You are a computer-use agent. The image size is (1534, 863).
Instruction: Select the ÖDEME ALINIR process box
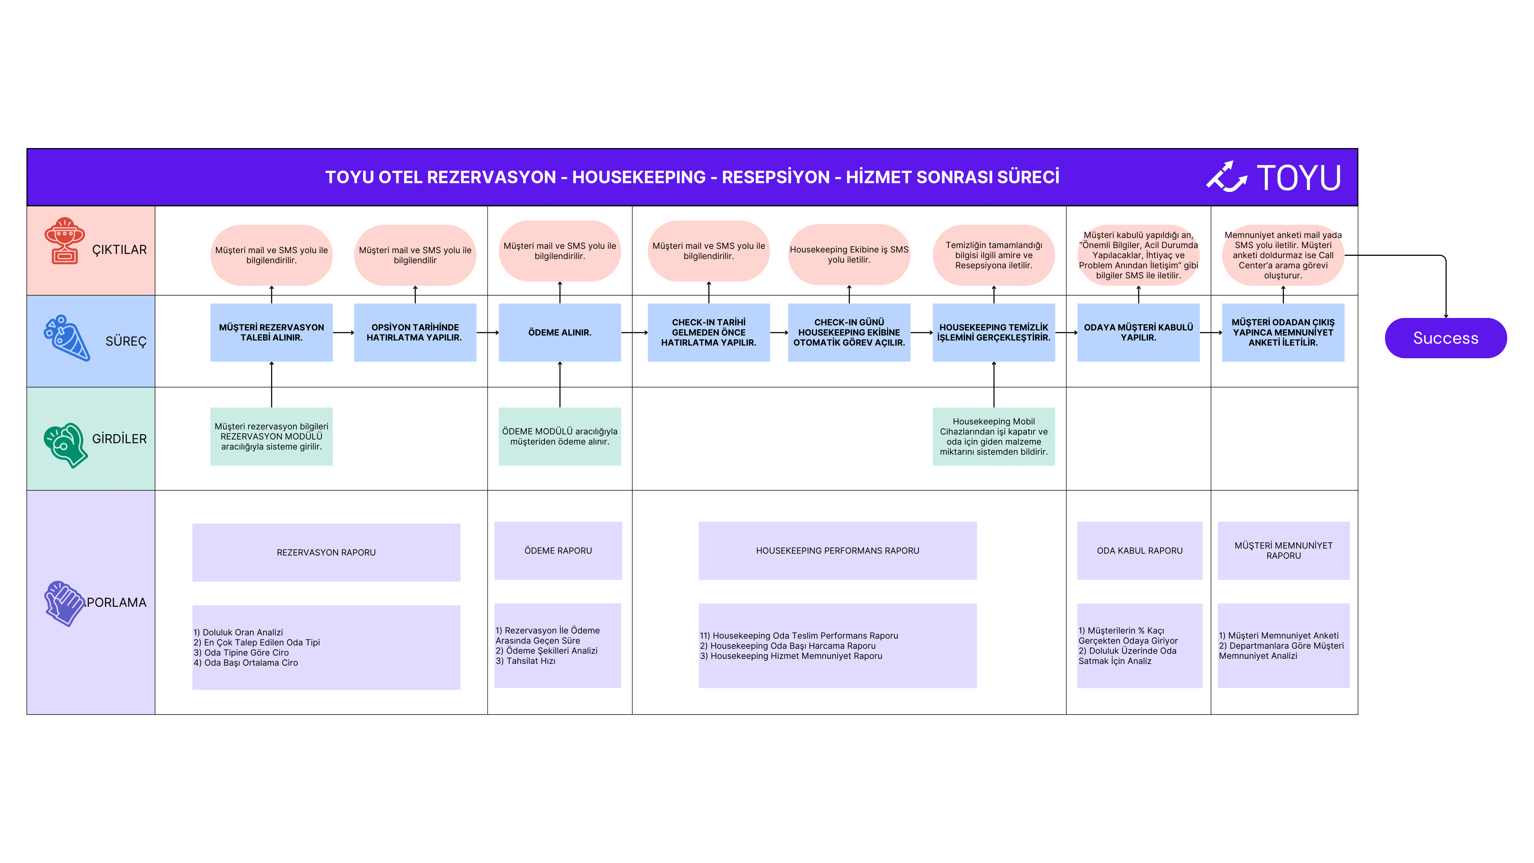pos(560,332)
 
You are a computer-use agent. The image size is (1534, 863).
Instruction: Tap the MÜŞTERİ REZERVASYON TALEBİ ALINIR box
pos(272,332)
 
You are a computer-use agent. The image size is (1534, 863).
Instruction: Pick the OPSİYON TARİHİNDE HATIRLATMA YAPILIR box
pos(415,332)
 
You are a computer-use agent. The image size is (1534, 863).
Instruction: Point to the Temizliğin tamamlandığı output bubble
pos(994,255)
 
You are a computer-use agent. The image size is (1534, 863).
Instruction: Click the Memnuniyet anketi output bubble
pos(1283,255)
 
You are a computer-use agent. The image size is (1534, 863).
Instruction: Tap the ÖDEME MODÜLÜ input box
pos(560,436)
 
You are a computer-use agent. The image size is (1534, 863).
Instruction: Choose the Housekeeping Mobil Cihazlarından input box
pos(994,436)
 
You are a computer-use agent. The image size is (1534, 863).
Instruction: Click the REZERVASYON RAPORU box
pos(326,552)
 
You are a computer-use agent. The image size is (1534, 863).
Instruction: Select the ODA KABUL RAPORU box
pos(1140,550)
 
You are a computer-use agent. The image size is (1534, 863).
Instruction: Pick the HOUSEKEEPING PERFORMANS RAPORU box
pos(837,550)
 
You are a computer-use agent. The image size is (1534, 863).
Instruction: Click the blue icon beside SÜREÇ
pos(67,338)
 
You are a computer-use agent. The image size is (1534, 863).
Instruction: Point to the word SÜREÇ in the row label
pos(126,341)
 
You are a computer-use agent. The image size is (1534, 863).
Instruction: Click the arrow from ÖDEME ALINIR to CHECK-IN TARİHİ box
pos(634,332)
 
